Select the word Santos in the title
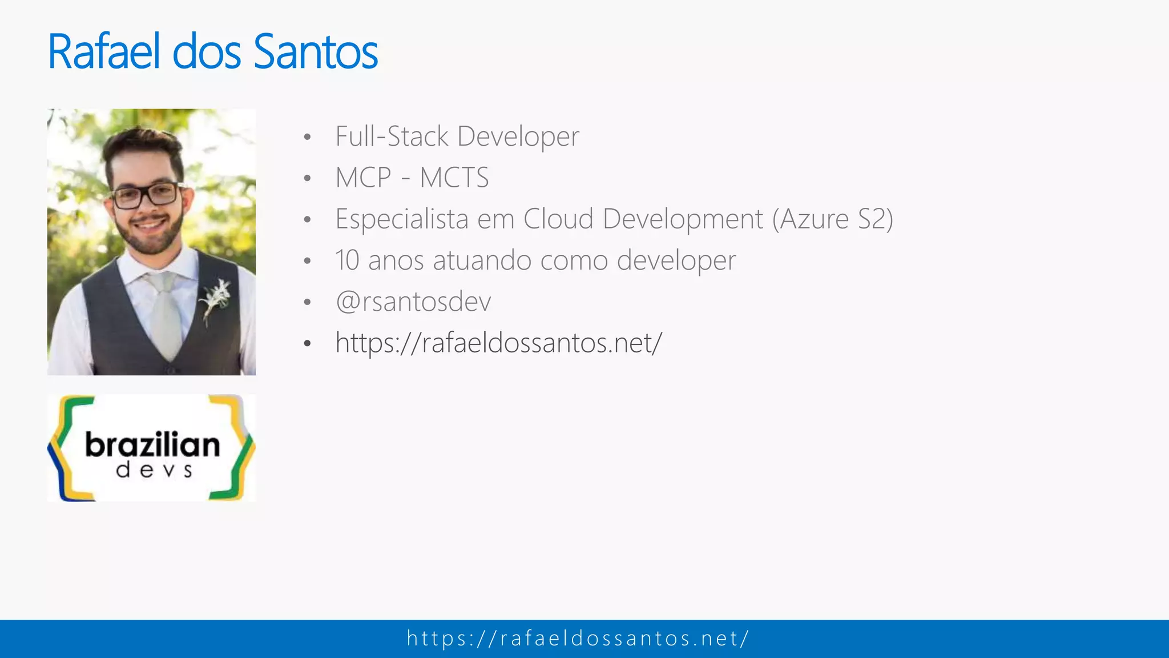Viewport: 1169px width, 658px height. point(315,52)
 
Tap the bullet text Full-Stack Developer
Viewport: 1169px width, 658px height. point(457,137)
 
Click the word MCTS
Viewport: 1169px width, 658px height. point(454,178)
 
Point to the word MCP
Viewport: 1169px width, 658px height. point(363,178)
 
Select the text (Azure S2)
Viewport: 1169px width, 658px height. point(833,219)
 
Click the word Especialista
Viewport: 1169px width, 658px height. point(401,219)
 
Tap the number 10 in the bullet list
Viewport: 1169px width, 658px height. point(347,260)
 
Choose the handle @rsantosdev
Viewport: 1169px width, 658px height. point(413,302)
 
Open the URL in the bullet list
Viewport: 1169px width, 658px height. point(498,343)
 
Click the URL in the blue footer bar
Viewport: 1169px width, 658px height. point(578,639)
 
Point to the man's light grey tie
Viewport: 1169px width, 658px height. point(165,314)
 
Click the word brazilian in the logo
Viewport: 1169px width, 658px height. point(152,446)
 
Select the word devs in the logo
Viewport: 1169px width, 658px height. point(154,471)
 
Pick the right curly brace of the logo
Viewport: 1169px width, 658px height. point(237,448)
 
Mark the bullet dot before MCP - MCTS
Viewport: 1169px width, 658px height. point(308,178)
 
